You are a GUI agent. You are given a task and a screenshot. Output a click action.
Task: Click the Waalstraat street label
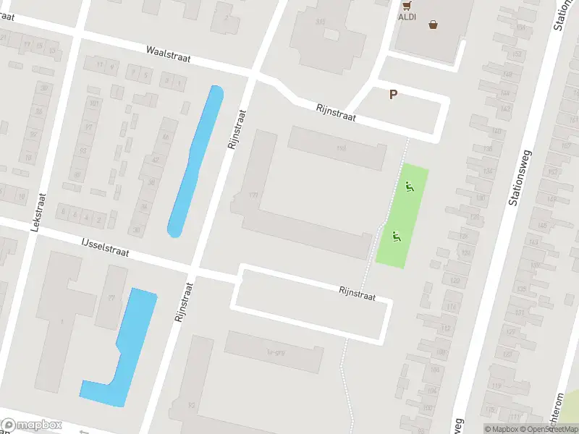pyautogui.click(x=168, y=55)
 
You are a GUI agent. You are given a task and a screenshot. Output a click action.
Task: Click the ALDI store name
pyautogui.click(x=407, y=16)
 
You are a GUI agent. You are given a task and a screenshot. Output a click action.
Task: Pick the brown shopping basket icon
pyautogui.click(x=434, y=24)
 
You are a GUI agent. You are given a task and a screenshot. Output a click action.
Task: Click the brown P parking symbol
pyautogui.click(x=394, y=94)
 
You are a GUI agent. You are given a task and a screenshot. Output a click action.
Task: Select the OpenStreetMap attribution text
pyautogui.click(x=549, y=429)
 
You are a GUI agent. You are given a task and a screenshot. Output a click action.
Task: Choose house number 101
pyautogui.click(x=93, y=103)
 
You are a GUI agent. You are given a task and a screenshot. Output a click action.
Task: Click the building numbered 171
pyautogui.click(x=253, y=195)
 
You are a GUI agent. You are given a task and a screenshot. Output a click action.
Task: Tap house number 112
pyautogui.click(x=445, y=328)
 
